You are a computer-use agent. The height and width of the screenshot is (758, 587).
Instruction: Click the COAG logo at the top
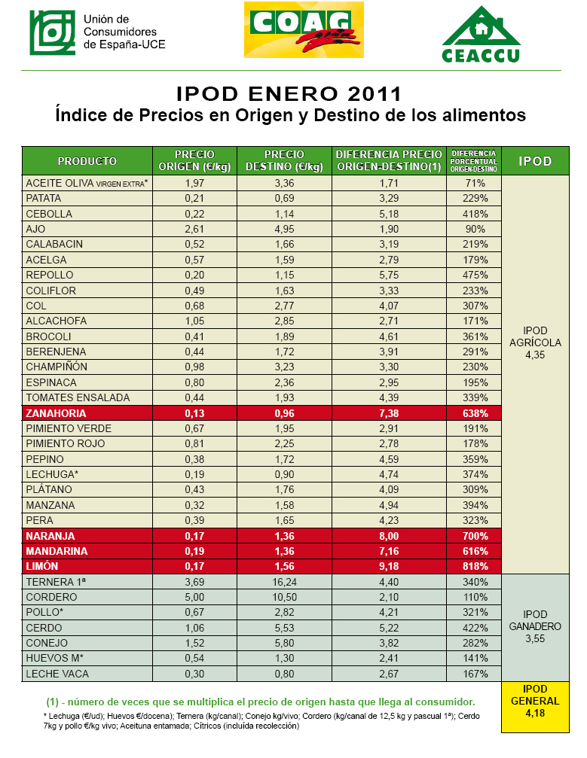point(304,30)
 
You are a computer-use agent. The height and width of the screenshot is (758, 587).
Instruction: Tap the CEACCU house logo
point(481,34)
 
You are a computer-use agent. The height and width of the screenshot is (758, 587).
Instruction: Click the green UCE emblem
point(52,32)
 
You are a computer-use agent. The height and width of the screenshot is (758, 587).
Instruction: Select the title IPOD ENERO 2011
point(289,94)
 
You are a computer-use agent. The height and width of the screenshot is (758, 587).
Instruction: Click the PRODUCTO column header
point(87,161)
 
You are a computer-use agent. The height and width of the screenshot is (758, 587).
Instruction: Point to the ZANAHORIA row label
point(56,413)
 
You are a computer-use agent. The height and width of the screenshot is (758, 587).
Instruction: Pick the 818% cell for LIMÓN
point(475,566)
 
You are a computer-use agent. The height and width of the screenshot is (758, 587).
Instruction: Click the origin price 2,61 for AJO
point(194,229)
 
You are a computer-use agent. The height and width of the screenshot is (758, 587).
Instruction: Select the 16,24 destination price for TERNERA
point(285,582)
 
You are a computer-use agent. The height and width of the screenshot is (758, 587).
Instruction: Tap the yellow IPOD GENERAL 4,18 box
point(535,706)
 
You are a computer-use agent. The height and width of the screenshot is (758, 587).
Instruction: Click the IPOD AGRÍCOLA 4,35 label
point(535,342)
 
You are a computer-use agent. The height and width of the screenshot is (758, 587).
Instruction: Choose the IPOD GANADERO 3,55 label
point(535,626)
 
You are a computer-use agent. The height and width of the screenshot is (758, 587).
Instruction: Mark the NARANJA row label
point(50,536)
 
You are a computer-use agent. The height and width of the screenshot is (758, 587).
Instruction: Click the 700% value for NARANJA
point(475,536)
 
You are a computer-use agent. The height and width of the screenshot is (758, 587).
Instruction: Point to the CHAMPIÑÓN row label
point(57,367)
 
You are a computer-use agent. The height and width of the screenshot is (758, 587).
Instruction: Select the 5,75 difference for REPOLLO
point(389,275)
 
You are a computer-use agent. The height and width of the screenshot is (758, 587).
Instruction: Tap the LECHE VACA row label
point(57,674)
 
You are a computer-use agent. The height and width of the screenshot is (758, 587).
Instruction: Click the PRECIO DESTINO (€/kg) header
point(285,160)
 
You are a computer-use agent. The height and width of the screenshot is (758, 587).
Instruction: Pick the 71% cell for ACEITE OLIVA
point(475,183)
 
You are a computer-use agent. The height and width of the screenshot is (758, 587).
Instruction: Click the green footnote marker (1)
point(52,702)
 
